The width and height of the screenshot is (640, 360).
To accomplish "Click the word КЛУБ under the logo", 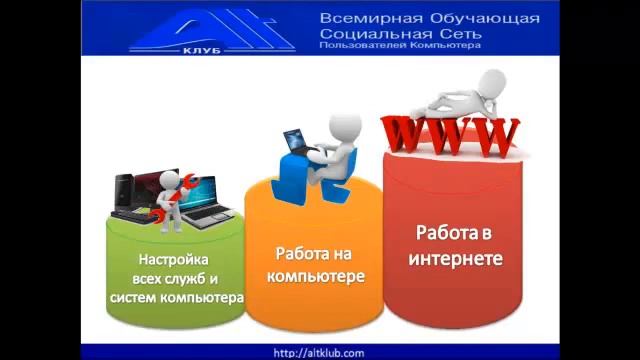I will (201, 49).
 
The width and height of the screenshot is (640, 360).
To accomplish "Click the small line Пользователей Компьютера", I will (400, 45).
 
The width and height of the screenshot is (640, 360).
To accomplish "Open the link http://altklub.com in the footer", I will (319, 353).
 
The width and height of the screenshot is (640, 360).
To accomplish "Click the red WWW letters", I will (450, 135).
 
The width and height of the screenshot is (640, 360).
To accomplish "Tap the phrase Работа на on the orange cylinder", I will (313, 254).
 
